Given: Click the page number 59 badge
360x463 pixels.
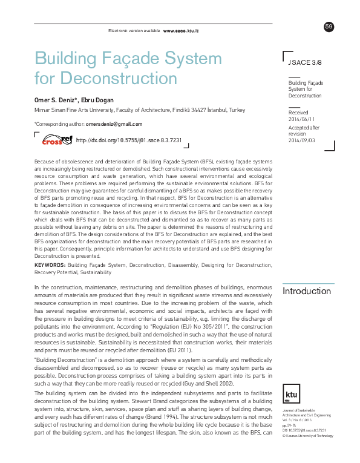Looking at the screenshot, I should pos(329,26).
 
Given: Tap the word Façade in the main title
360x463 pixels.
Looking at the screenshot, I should pos(128,59).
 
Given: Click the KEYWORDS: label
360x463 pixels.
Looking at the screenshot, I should pos(50,266).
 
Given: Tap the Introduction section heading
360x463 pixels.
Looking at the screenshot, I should pos(307,291).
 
